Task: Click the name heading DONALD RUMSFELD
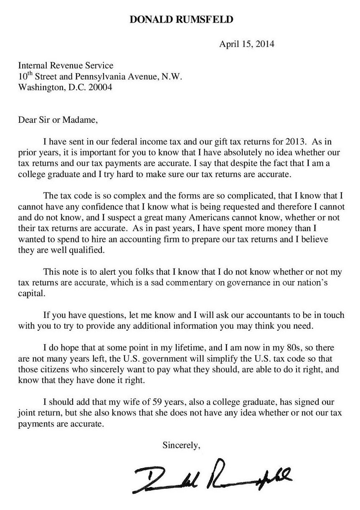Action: (x=180, y=19)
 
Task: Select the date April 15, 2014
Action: (x=247, y=44)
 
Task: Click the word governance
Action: (x=240, y=283)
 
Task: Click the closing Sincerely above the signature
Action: (x=182, y=445)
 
